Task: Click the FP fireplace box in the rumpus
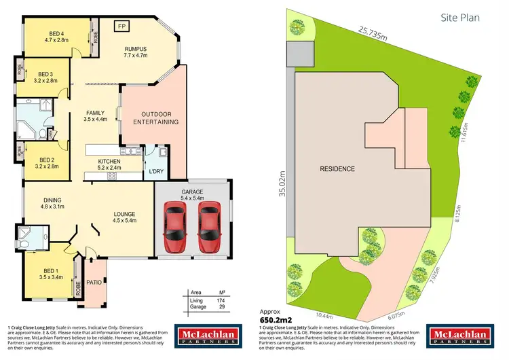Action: [x=122, y=26]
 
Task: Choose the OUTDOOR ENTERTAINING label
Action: [x=155, y=118]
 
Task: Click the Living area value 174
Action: [x=221, y=300]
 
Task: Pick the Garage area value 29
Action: [x=221, y=307]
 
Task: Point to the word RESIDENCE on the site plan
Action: [x=337, y=168]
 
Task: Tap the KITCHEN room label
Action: [x=103, y=151]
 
